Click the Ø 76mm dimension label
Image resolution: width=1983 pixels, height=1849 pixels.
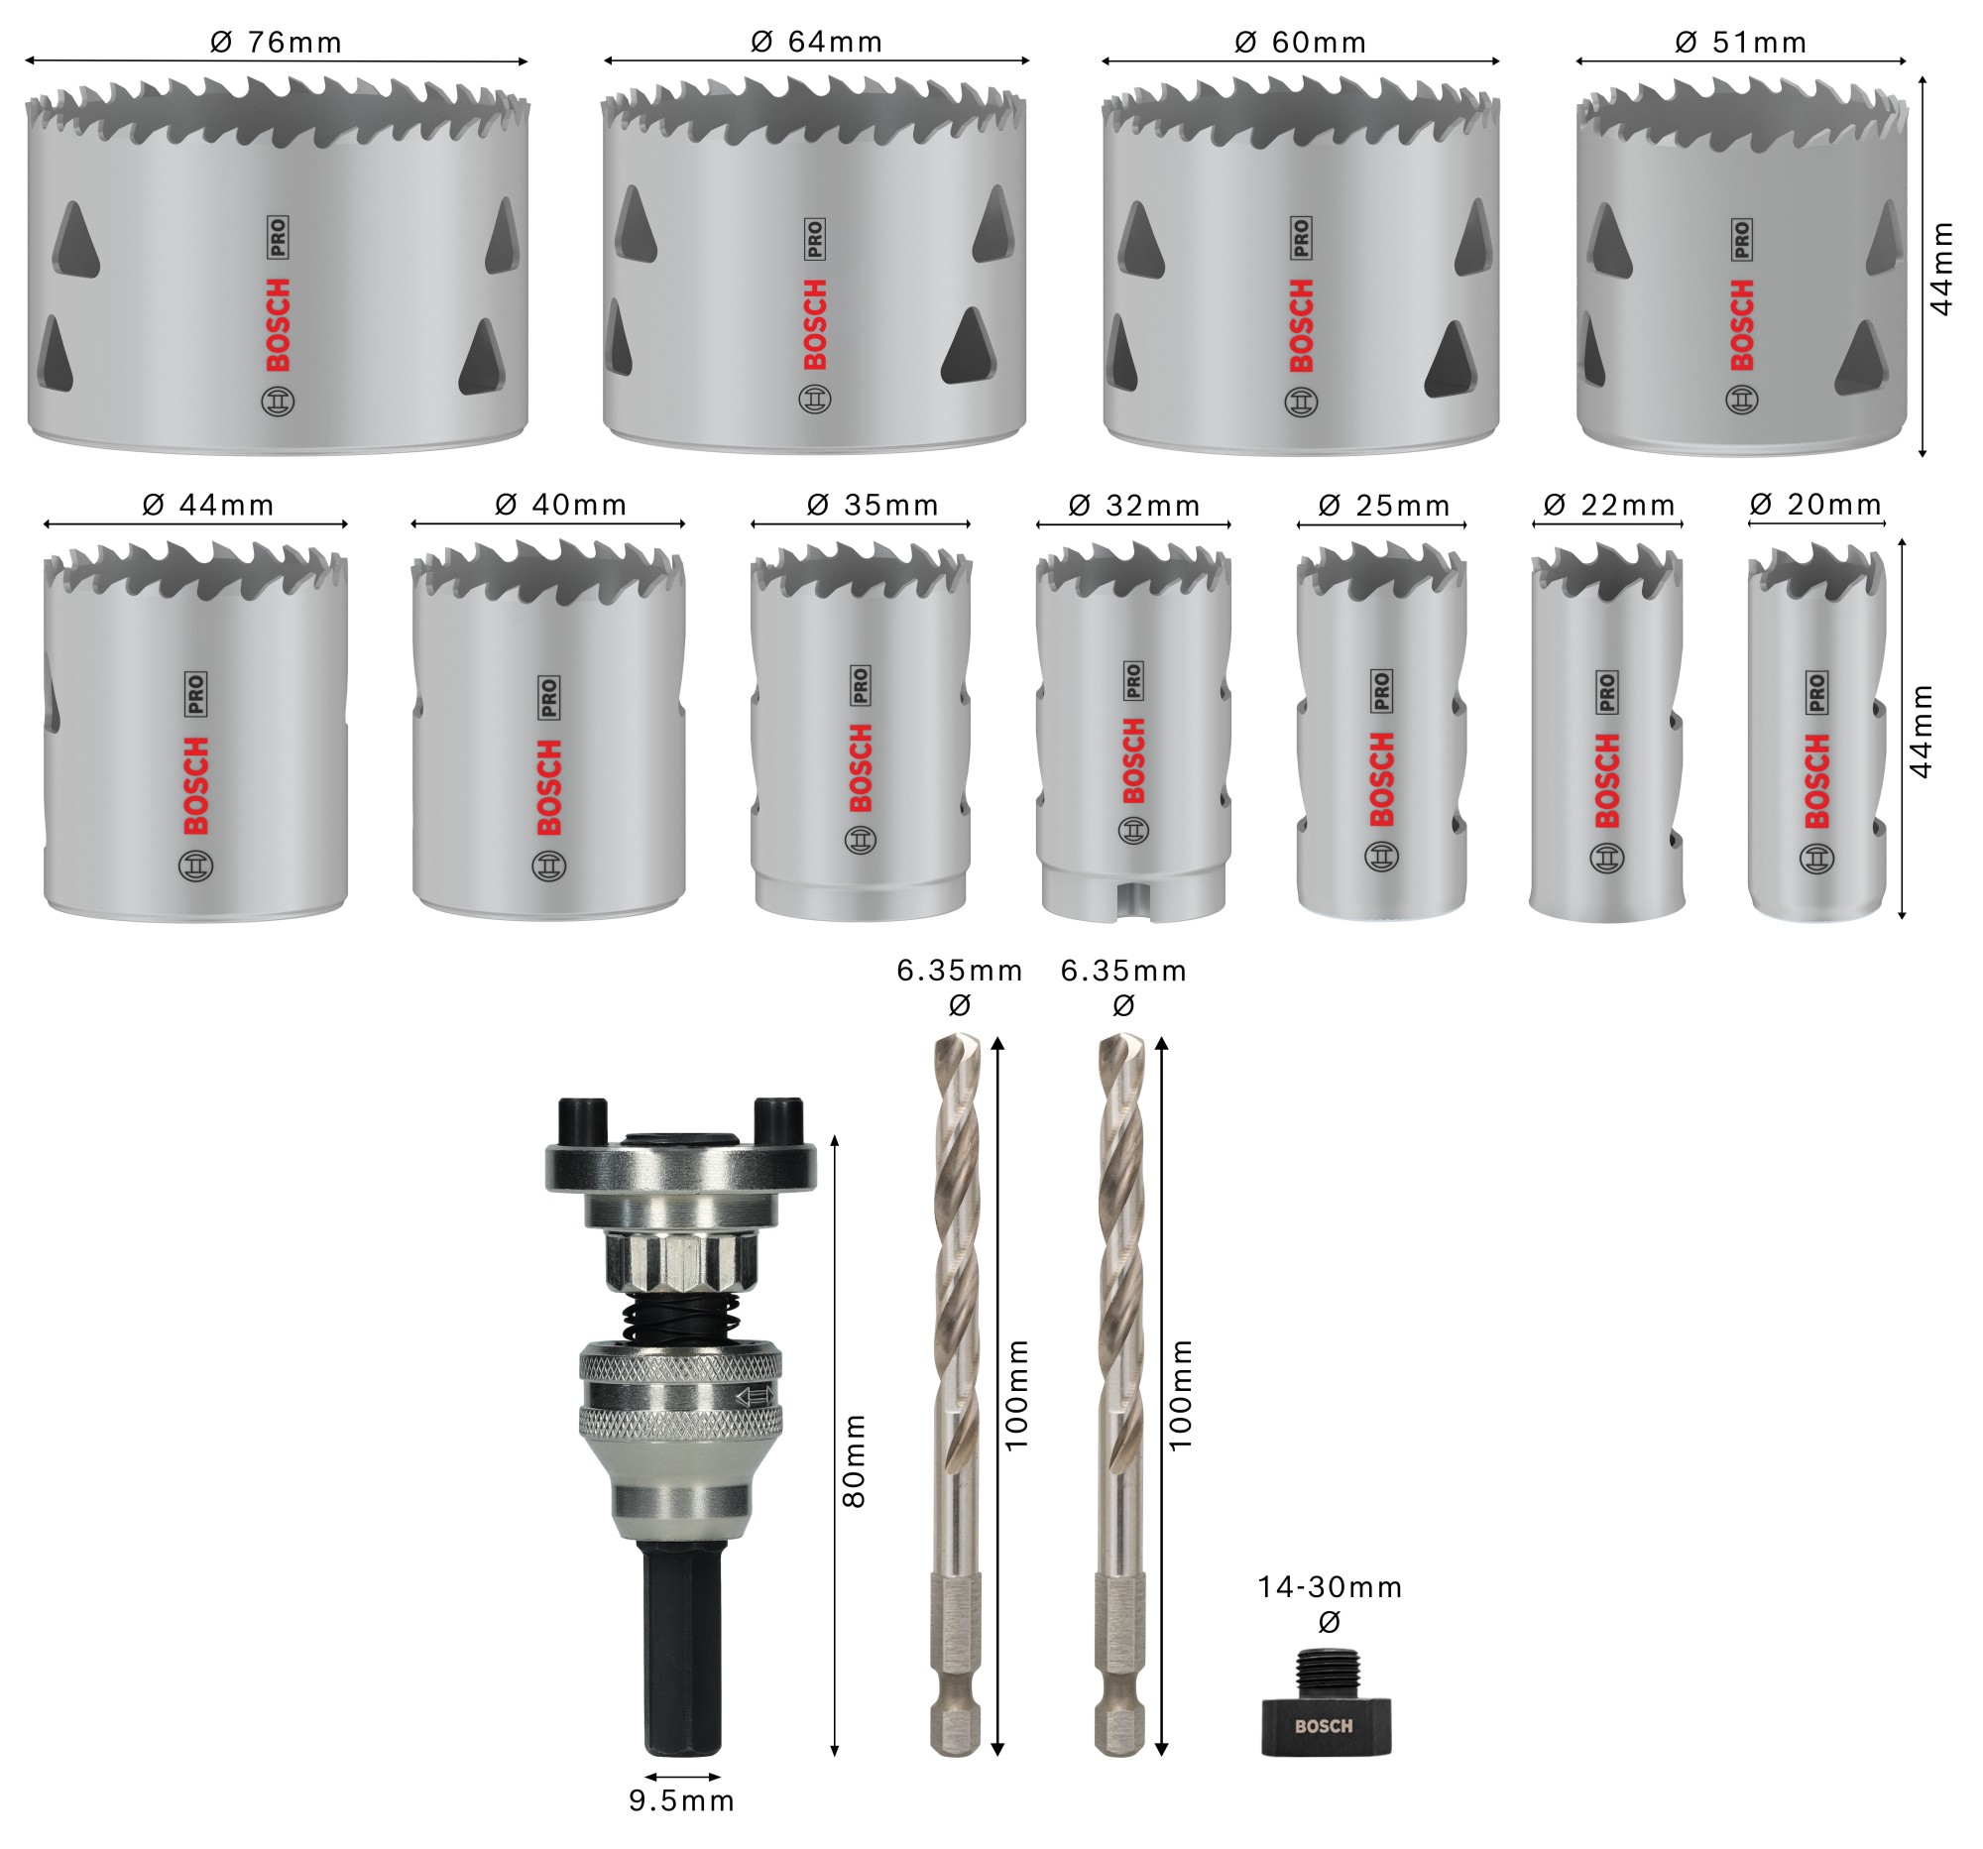pyautogui.click(x=277, y=42)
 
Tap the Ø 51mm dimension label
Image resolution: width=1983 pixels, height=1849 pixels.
pyautogui.click(x=1740, y=42)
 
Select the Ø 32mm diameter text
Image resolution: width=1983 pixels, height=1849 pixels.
pyautogui.click(x=1134, y=506)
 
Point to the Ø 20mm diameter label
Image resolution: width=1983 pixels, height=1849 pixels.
pyautogui.click(x=1815, y=505)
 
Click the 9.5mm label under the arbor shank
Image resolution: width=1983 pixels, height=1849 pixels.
pyautogui.click(x=681, y=1800)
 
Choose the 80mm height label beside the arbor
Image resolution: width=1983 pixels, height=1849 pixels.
pyautogui.click(x=855, y=1460)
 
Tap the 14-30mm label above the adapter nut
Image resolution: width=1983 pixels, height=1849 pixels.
pyautogui.click(x=1329, y=1586)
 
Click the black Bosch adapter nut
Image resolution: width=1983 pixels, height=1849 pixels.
pyautogui.click(x=1325, y=1724)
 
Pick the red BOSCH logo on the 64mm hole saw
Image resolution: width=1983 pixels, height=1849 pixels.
pyautogui.click(x=815, y=324)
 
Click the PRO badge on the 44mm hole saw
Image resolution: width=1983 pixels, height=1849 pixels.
pyautogui.click(x=195, y=693)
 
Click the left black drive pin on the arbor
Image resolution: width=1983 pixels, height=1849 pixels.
pyautogui.click(x=583, y=1122)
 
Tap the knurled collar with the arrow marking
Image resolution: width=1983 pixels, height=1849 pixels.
pyautogui.click(x=681, y=1395)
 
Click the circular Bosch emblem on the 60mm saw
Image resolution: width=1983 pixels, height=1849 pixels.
pyautogui.click(x=1301, y=402)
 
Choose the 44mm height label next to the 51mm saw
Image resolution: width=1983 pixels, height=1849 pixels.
pyautogui.click(x=1941, y=270)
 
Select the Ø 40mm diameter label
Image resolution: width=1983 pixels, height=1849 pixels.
pyautogui.click(x=560, y=505)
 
